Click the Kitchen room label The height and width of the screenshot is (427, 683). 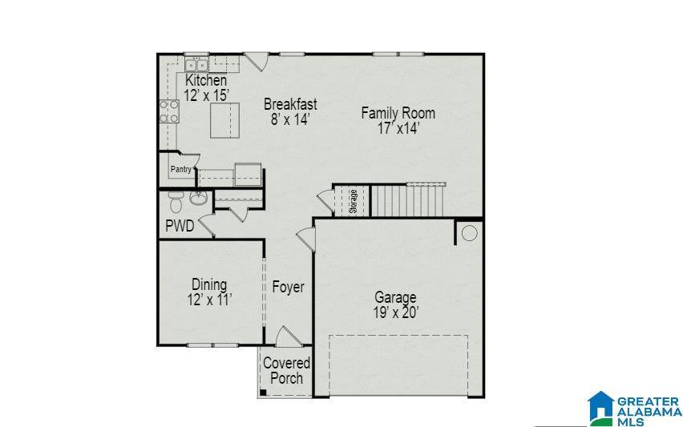pyautogui.click(x=206, y=81)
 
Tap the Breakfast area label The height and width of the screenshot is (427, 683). pyautogui.click(x=290, y=104)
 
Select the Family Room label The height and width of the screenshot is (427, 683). pyautogui.click(x=398, y=113)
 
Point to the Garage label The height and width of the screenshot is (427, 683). pyautogui.click(x=395, y=298)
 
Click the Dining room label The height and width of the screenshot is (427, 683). pyautogui.click(x=208, y=284)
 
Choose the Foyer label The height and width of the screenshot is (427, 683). pyautogui.click(x=288, y=287)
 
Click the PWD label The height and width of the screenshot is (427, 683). pyautogui.click(x=180, y=226)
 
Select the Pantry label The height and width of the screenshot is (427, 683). pyautogui.click(x=180, y=170)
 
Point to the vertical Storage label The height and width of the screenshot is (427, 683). pyautogui.click(x=353, y=201)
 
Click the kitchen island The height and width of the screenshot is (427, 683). pyautogui.click(x=225, y=120)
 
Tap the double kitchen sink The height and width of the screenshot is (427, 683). pyautogui.click(x=196, y=66)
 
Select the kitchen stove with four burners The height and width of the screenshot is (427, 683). pyautogui.click(x=168, y=111)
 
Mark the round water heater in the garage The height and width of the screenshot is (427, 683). pyautogui.click(x=469, y=233)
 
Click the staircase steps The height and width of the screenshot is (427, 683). pyautogui.click(x=406, y=200)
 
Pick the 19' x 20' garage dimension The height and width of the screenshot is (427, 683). pyautogui.click(x=395, y=313)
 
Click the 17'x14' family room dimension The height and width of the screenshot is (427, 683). pyautogui.click(x=398, y=128)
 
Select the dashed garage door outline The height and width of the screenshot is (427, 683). pyautogui.click(x=398, y=365)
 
